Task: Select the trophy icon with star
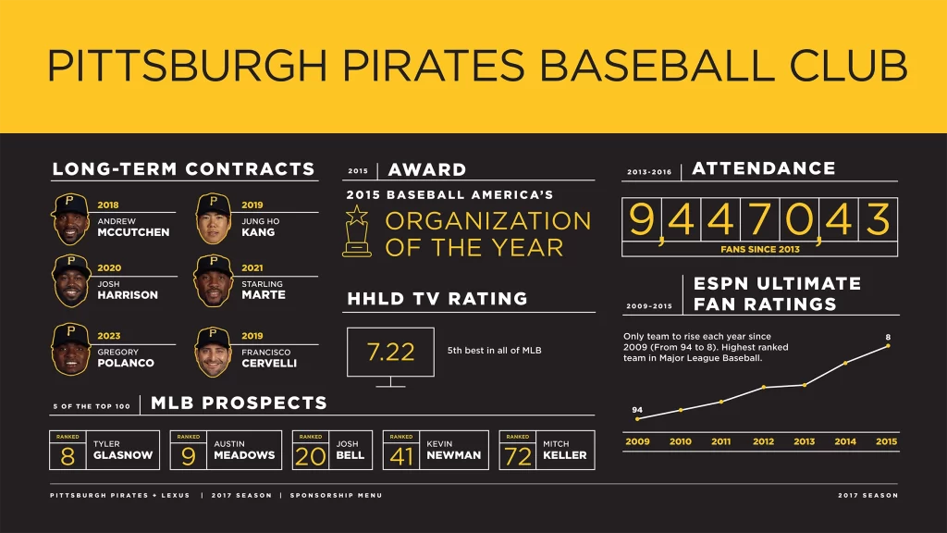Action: coord(356,230)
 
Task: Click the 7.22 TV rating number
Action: coord(390,352)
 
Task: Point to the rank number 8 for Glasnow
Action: coord(68,456)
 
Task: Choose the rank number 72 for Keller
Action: coord(519,456)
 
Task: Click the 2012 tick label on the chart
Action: coord(763,441)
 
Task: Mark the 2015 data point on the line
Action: coord(888,346)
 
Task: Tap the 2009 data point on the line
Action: coord(637,419)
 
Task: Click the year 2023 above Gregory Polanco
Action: coord(108,336)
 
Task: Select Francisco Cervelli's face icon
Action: coord(214,350)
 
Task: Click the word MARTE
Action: coord(263,295)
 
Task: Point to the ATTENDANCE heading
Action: coord(763,168)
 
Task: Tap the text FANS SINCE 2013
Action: coord(760,249)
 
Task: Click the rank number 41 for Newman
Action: coord(402,456)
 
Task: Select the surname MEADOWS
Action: coord(244,455)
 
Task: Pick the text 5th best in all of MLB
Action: coord(494,351)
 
